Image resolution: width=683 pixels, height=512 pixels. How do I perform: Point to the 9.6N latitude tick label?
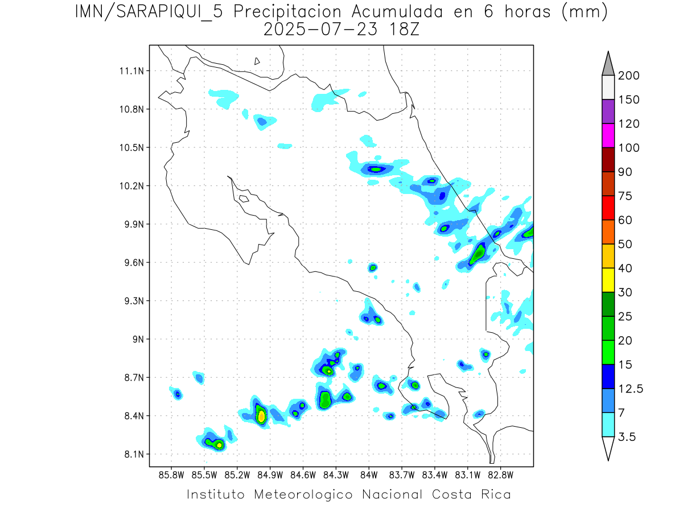(x=132, y=263)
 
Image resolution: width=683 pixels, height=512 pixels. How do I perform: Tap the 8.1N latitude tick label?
(x=132, y=454)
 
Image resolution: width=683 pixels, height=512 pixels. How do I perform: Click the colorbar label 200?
(x=628, y=76)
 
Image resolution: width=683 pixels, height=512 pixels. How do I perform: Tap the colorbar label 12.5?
(x=631, y=389)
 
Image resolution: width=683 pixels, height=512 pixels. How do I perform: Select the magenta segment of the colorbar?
(x=607, y=135)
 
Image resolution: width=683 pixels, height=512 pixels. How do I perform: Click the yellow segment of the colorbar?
(x=607, y=280)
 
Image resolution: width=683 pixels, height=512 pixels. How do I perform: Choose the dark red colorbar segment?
(x=607, y=159)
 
